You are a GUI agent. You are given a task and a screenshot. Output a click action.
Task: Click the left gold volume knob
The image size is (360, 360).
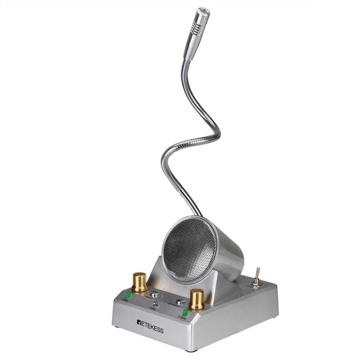pos(139,282)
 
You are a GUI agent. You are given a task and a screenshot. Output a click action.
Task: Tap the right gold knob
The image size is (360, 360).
pos(197,299)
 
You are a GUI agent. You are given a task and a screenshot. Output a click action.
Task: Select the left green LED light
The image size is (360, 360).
pos(128,296)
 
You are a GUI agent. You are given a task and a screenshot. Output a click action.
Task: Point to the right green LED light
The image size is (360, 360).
pos(185,312)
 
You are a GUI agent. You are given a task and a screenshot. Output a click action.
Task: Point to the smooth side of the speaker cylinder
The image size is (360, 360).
pos(229,256)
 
